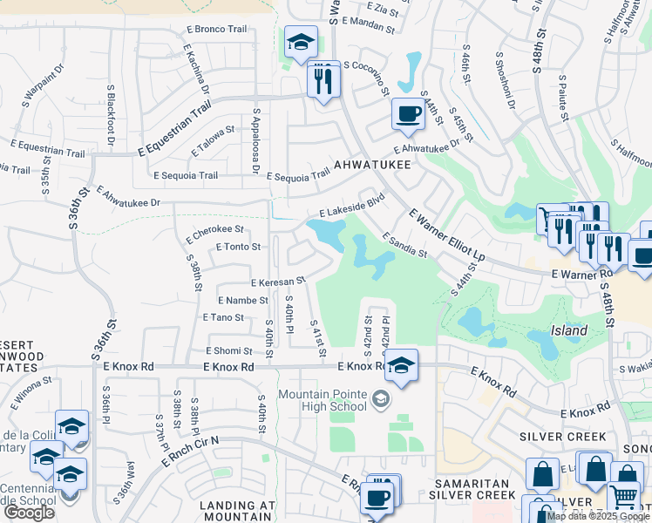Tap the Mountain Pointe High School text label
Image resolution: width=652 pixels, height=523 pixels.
[x=322, y=400]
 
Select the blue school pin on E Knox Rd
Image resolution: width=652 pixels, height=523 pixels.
[x=401, y=365]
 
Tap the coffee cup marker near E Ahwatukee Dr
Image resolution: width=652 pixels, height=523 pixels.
[x=408, y=113]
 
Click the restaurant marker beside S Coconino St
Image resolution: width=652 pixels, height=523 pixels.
[x=324, y=80]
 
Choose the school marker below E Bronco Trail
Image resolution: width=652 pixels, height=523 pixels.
[x=300, y=42]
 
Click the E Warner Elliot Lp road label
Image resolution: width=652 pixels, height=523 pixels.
[x=446, y=235]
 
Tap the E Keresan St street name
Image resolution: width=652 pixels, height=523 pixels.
[x=278, y=282]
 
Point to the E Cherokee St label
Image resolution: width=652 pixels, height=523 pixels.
[x=214, y=230]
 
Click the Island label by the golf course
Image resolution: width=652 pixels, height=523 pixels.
[x=568, y=330]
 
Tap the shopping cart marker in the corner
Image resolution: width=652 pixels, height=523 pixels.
[x=623, y=497]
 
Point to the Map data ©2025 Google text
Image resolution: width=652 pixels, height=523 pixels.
[x=598, y=516]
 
